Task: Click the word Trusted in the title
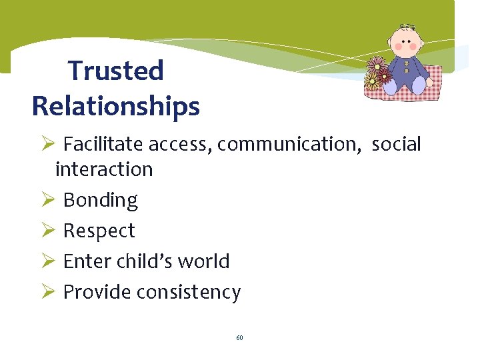116,70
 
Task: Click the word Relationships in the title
116,106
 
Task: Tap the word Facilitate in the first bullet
104,144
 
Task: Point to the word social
396,144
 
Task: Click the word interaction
104,169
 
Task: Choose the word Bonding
100,200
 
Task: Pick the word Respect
99,231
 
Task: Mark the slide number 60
239,338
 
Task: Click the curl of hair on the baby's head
405,28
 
